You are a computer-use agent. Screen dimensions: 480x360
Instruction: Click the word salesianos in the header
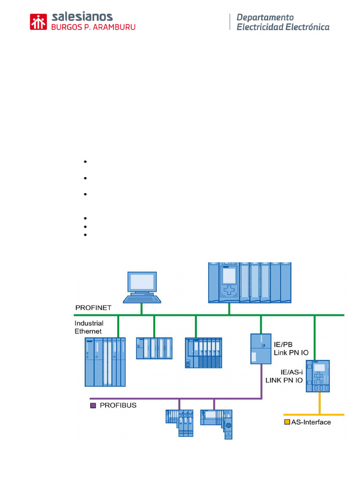coord(82,17)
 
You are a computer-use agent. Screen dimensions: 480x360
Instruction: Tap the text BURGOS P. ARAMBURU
coord(93,27)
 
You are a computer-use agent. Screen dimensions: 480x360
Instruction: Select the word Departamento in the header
coord(265,17)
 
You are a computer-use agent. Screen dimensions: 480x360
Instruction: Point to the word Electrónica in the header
coord(307,27)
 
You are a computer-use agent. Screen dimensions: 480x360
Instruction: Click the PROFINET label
coord(93,307)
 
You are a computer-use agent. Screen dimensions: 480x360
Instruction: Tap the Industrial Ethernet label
coord(89,327)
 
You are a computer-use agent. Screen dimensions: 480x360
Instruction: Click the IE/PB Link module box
coord(260,349)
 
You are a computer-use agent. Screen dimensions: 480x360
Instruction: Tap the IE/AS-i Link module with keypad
coord(317,376)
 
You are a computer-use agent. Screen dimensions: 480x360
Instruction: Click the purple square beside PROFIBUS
coord(92,405)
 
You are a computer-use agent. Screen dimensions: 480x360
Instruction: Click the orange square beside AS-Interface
coord(287,422)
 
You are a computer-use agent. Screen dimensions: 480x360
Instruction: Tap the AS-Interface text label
coord(311,422)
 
